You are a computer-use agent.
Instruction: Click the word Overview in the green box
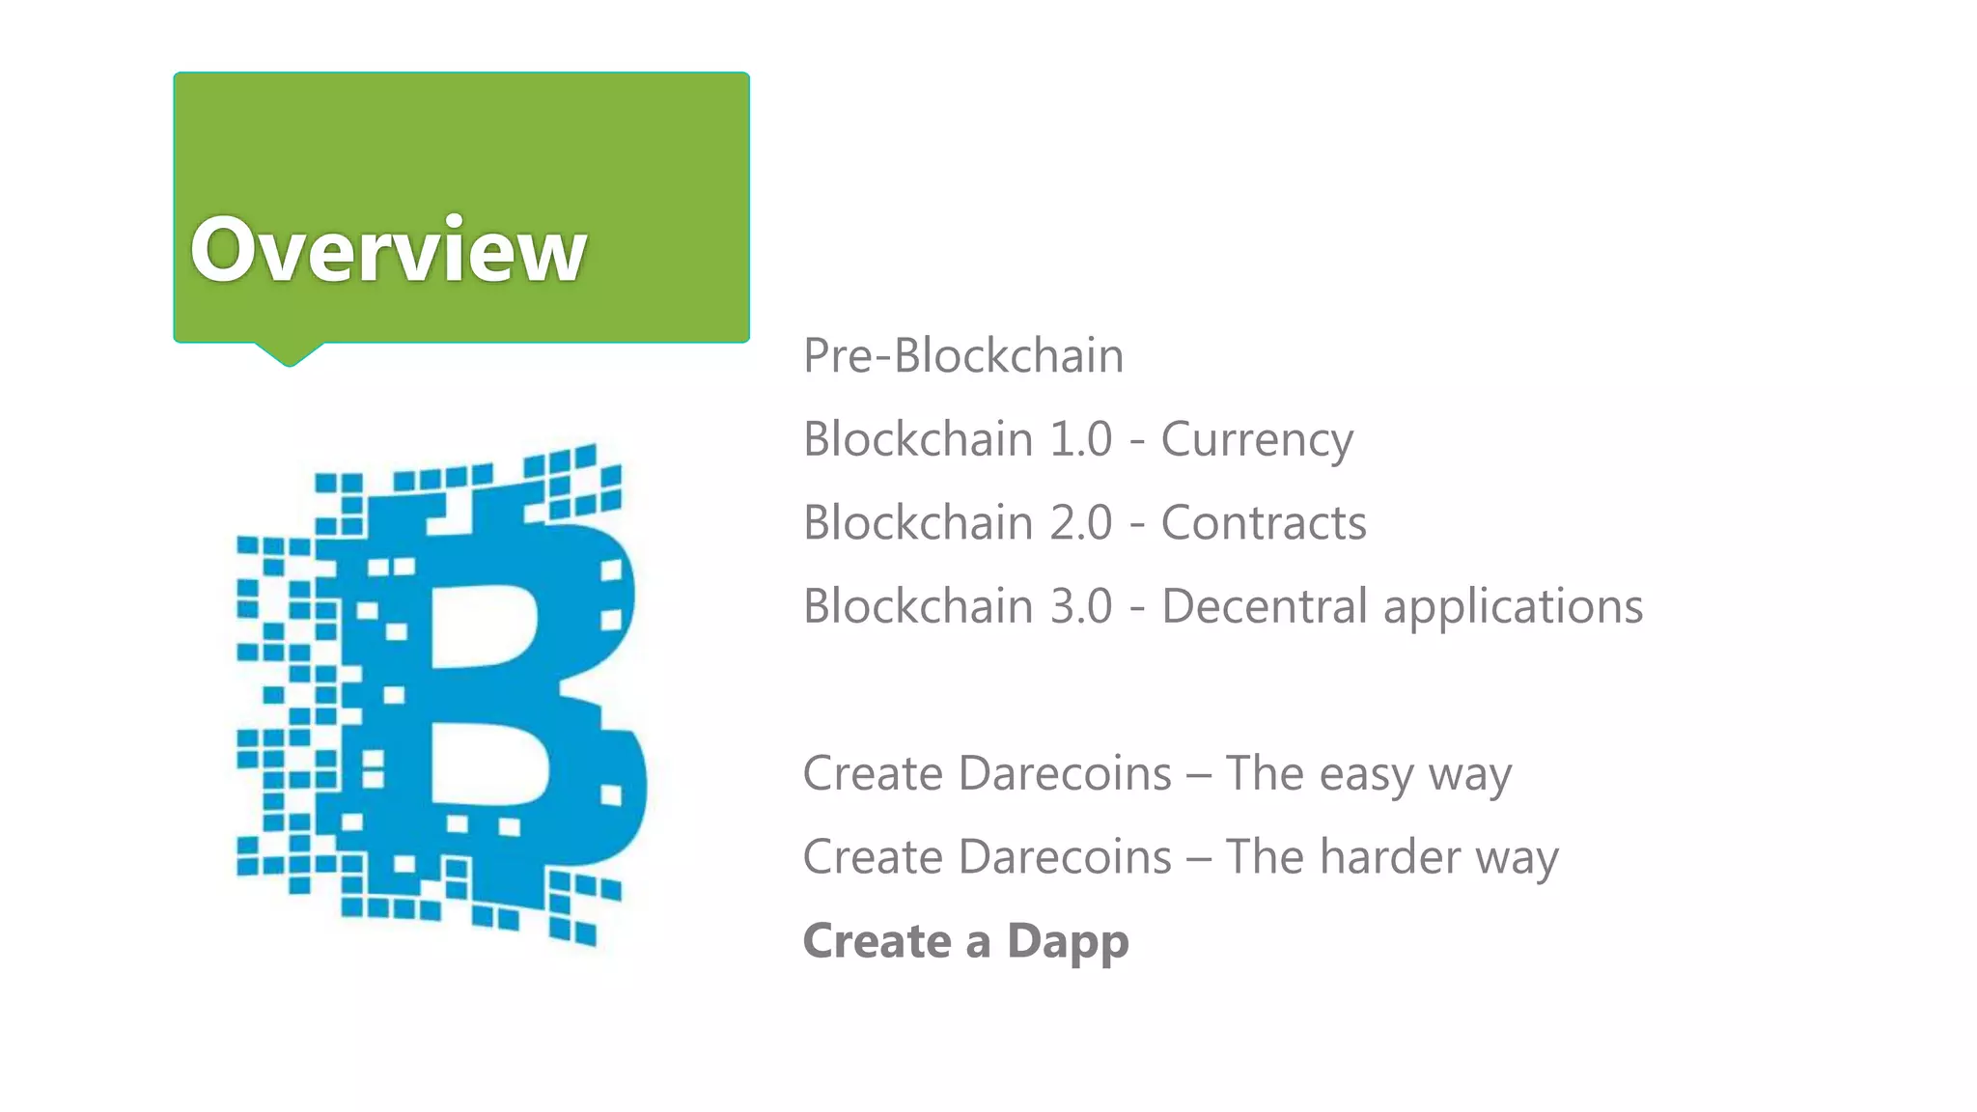coord(388,249)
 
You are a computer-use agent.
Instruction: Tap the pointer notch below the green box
coord(288,353)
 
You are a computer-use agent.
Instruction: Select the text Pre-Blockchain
coord(963,355)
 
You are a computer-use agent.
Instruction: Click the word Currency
coord(1257,440)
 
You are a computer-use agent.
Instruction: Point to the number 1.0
coord(1081,439)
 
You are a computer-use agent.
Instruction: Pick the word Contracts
coord(1264,523)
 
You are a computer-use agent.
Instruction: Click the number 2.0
coord(1081,523)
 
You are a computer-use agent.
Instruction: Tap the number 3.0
coord(1081,606)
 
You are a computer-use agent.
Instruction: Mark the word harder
coord(1390,857)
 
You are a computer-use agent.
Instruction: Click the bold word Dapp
coord(1068,942)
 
